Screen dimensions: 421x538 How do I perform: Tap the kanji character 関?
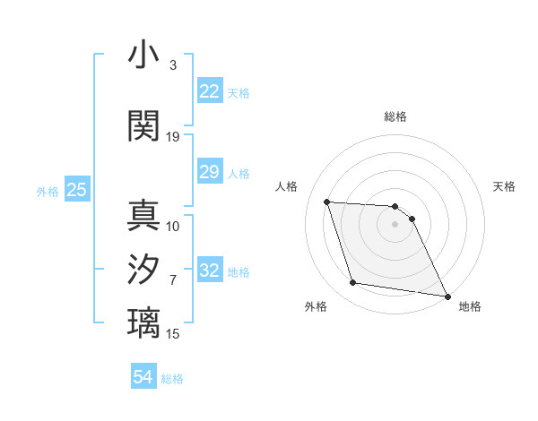pyautogui.click(x=144, y=126)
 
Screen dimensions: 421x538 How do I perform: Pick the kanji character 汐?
pyautogui.click(x=144, y=270)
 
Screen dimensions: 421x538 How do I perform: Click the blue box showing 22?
pyautogui.click(x=209, y=92)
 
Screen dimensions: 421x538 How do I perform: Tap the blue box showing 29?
pyautogui.click(x=209, y=173)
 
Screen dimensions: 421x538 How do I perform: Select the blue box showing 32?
pyautogui.click(x=209, y=271)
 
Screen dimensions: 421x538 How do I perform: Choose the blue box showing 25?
pyautogui.click(x=76, y=190)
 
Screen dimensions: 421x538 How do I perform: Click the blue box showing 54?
pyautogui.click(x=143, y=378)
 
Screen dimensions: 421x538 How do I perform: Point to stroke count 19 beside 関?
pyautogui.click(x=173, y=137)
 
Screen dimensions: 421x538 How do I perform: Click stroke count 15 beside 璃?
pyautogui.click(x=173, y=334)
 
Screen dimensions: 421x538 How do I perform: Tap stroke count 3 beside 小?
pyautogui.click(x=173, y=65)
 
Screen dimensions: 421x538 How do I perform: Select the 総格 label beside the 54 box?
pyautogui.click(x=172, y=379)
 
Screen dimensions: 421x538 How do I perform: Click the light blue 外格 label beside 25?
pyautogui.click(x=48, y=191)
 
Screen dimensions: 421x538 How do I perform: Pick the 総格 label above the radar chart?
pyautogui.click(x=395, y=117)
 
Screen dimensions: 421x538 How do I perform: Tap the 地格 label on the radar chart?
pyautogui.click(x=470, y=306)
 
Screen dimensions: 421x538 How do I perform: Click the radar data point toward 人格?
pyautogui.click(x=327, y=202)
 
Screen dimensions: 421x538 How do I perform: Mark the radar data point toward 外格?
pyautogui.click(x=353, y=283)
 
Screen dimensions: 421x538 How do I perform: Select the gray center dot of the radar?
pyautogui.click(x=395, y=224)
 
